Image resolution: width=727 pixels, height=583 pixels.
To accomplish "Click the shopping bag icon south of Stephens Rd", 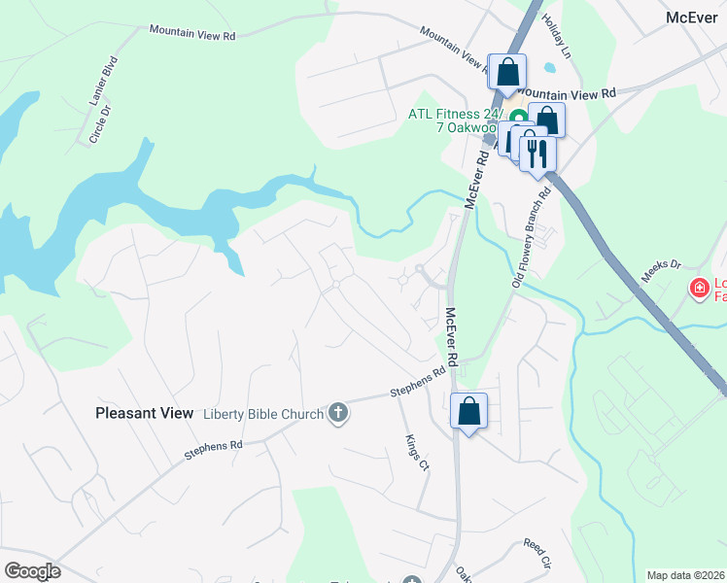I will click(x=468, y=411).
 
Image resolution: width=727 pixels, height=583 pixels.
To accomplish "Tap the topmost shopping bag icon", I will click(x=507, y=72).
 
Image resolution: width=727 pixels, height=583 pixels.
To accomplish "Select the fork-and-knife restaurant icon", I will click(x=537, y=153).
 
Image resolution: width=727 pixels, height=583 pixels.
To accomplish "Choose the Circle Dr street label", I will click(x=100, y=126).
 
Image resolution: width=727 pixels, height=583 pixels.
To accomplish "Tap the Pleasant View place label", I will click(x=145, y=413).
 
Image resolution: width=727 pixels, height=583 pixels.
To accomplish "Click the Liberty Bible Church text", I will click(x=262, y=415).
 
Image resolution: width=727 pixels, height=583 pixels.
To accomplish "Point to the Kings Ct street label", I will click(x=416, y=452).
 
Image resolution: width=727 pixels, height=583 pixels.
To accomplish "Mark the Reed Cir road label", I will click(x=537, y=552).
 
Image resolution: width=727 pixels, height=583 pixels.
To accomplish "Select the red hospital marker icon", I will click(x=698, y=288).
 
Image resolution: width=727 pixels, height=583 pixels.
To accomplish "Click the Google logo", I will click(x=32, y=571).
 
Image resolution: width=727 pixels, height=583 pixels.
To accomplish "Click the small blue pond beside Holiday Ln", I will click(x=551, y=67).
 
